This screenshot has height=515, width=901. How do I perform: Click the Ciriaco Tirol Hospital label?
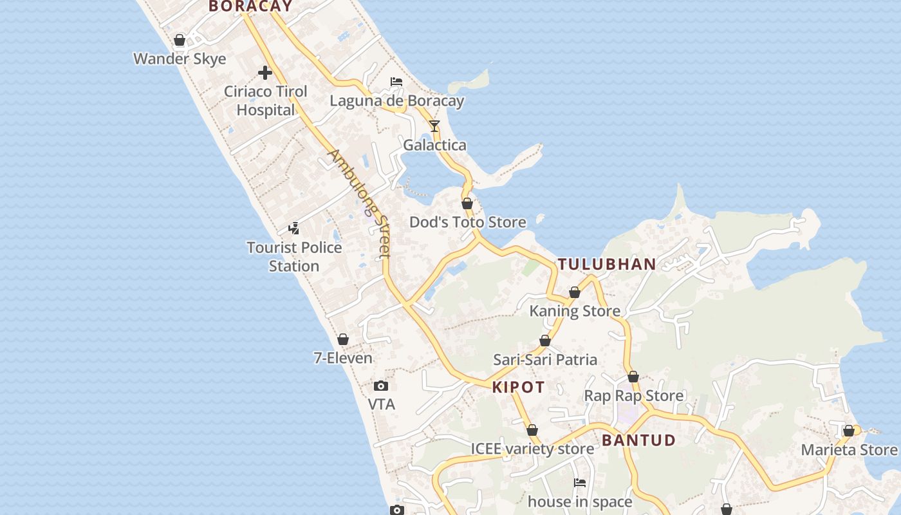click(x=265, y=100)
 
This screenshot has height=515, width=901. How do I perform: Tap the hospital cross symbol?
click(x=265, y=73)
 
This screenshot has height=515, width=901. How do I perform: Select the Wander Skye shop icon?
click(x=180, y=40)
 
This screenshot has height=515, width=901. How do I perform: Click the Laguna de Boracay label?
click(x=396, y=101)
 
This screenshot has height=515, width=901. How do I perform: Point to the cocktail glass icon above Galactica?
click(x=434, y=126)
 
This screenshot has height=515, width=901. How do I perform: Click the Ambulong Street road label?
click(x=359, y=203)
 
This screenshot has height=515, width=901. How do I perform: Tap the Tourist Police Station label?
click(x=294, y=256)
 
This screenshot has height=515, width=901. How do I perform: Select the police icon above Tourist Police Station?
click(x=294, y=228)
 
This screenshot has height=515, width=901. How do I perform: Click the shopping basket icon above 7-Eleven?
click(x=343, y=339)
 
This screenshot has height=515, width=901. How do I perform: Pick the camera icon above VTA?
click(x=381, y=386)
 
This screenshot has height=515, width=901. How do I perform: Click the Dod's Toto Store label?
click(x=468, y=222)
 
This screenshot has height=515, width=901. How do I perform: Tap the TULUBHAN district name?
click(x=607, y=264)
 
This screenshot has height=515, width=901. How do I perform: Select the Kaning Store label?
click(x=575, y=311)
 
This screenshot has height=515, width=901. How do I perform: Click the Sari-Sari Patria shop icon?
click(x=545, y=341)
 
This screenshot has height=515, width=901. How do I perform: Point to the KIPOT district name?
click(x=519, y=387)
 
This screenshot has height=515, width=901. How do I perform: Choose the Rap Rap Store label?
click(x=633, y=395)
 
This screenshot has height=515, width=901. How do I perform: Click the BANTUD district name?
click(x=639, y=440)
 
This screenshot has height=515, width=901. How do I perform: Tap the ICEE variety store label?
click(x=532, y=449)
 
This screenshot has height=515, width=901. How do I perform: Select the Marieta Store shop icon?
click(x=849, y=431)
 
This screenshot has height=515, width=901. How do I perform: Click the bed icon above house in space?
click(x=580, y=482)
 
